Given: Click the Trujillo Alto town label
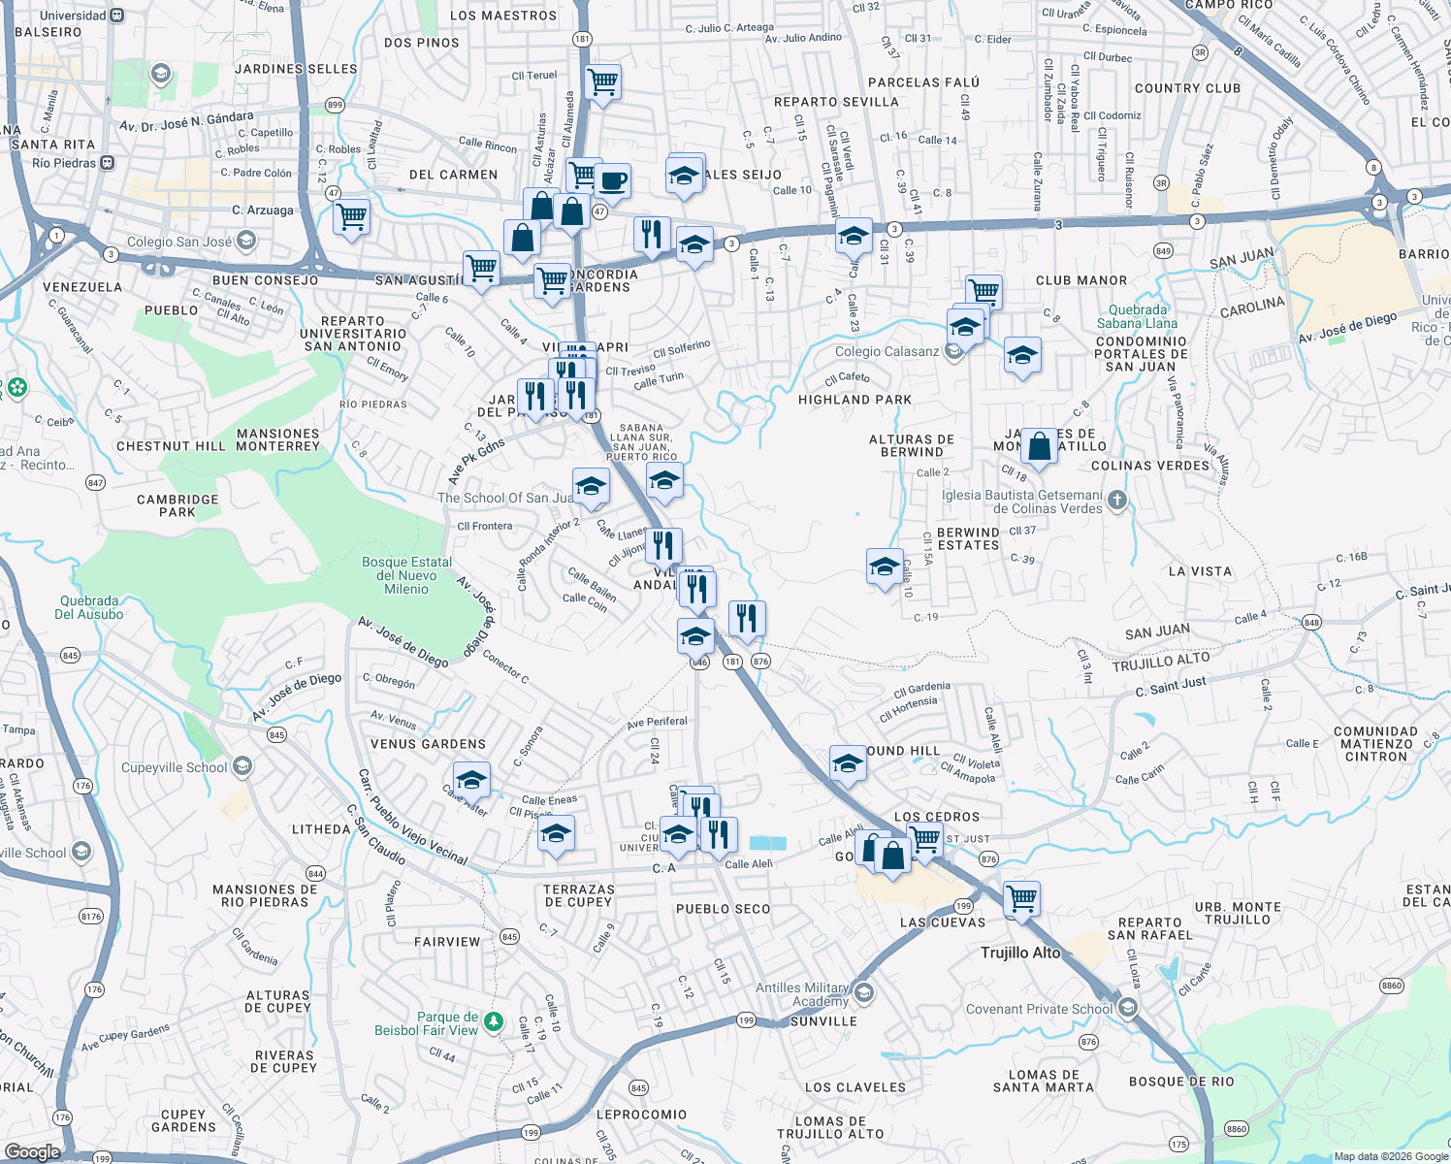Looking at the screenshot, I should point(1019,953).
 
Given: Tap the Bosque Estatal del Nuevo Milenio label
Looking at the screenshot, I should point(406,575).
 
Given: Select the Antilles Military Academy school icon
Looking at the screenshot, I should point(864,993).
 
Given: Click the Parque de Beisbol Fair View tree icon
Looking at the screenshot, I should point(494,1021).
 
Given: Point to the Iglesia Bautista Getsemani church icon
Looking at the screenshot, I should point(1117,501).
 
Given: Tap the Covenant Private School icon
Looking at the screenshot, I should point(1127,1007).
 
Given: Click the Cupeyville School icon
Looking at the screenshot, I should point(242,766).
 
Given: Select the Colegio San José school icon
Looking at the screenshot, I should point(246,240).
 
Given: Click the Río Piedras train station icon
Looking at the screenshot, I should point(107,163).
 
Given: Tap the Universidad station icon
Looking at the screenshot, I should point(117,16).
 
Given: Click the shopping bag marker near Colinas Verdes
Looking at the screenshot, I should point(1039,446).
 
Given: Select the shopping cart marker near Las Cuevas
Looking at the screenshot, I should point(1021,897).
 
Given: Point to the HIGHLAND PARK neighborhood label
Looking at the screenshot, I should point(854,400).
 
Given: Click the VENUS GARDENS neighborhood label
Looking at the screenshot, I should point(428,744).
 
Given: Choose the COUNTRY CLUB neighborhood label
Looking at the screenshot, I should point(1187,88).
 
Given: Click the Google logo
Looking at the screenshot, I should point(32,1151).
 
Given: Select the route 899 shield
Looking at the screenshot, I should point(335,105).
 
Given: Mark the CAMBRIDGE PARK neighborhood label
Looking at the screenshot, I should point(177,505).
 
